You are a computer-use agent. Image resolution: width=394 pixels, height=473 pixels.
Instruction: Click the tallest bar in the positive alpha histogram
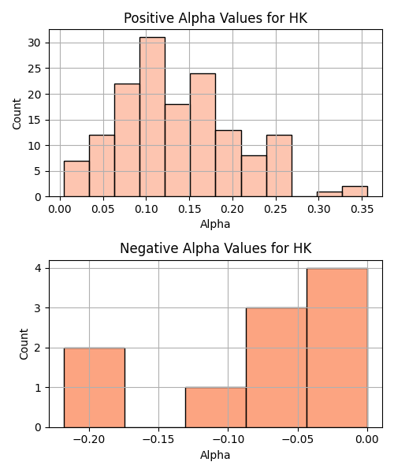tap(152, 117)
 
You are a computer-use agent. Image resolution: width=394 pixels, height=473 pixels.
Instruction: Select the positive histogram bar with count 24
tap(203, 135)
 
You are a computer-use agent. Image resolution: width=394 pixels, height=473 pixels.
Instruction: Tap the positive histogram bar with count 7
tap(76, 179)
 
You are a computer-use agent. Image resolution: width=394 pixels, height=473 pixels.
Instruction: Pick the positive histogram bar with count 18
tap(177, 151)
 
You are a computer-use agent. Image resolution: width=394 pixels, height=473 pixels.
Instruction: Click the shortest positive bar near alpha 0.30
tap(329, 194)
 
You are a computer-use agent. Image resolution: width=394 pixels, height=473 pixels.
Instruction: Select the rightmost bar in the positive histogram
tap(355, 192)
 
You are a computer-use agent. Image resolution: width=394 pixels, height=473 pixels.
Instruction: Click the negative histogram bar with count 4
tap(337, 348)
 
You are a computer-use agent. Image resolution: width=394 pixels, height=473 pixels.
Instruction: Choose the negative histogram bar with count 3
tap(277, 367)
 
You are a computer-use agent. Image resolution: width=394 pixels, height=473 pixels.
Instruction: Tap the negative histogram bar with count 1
tap(216, 408)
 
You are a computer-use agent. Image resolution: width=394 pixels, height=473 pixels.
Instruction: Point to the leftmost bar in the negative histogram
tap(95, 388)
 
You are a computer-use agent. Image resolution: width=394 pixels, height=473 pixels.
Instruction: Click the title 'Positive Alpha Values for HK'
tap(216, 18)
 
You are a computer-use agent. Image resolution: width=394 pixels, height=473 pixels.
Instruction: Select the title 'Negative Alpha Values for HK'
tap(216, 248)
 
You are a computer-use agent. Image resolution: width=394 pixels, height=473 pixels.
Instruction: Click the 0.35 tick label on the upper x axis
tap(362, 209)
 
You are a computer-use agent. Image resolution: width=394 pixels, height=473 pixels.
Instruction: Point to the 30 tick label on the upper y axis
tap(34, 43)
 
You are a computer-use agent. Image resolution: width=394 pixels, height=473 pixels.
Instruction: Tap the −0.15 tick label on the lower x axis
tap(158, 440)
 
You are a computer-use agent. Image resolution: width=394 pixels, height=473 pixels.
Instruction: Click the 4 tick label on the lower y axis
tap(39, 268)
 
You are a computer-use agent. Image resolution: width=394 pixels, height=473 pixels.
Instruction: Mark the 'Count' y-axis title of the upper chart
tap(17, 114)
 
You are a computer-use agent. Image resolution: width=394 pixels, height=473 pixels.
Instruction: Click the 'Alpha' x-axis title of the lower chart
tap(215, 455)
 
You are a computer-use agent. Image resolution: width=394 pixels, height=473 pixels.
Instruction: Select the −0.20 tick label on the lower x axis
tap(89, 440)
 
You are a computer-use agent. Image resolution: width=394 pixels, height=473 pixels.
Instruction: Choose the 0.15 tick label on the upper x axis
tap(189, 209)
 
